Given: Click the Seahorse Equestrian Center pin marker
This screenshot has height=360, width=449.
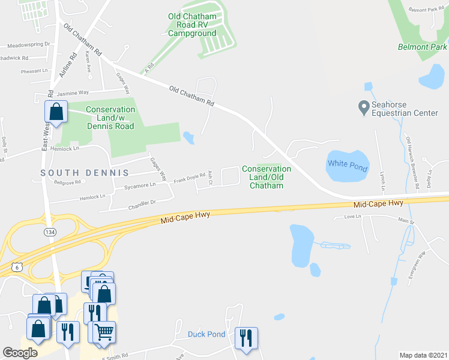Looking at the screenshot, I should tap(363, 107).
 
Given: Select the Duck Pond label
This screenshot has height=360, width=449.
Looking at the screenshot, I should tap(206, 334).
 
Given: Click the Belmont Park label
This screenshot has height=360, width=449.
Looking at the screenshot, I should tap(422, 47).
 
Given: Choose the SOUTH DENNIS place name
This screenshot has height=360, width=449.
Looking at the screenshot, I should tap(85, 173).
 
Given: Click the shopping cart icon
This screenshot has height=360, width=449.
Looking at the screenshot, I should tap(104, 331).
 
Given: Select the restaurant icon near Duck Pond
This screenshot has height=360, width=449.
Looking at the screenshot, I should tap(246, 337).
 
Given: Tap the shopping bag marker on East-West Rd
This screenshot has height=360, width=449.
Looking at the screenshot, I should tap(56, 112).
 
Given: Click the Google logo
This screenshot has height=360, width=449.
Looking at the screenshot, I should tap(20, 353).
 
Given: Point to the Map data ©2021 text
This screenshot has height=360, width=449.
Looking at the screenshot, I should tap(423, 355).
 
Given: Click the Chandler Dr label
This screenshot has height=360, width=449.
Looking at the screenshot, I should tap(142, 204).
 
